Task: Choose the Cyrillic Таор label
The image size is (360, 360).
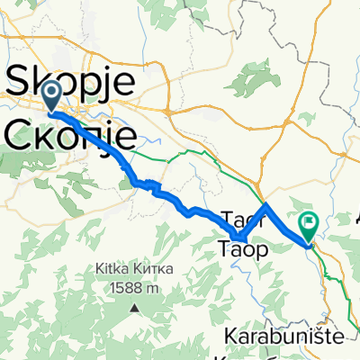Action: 242,250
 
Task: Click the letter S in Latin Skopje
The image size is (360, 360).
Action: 19,84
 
